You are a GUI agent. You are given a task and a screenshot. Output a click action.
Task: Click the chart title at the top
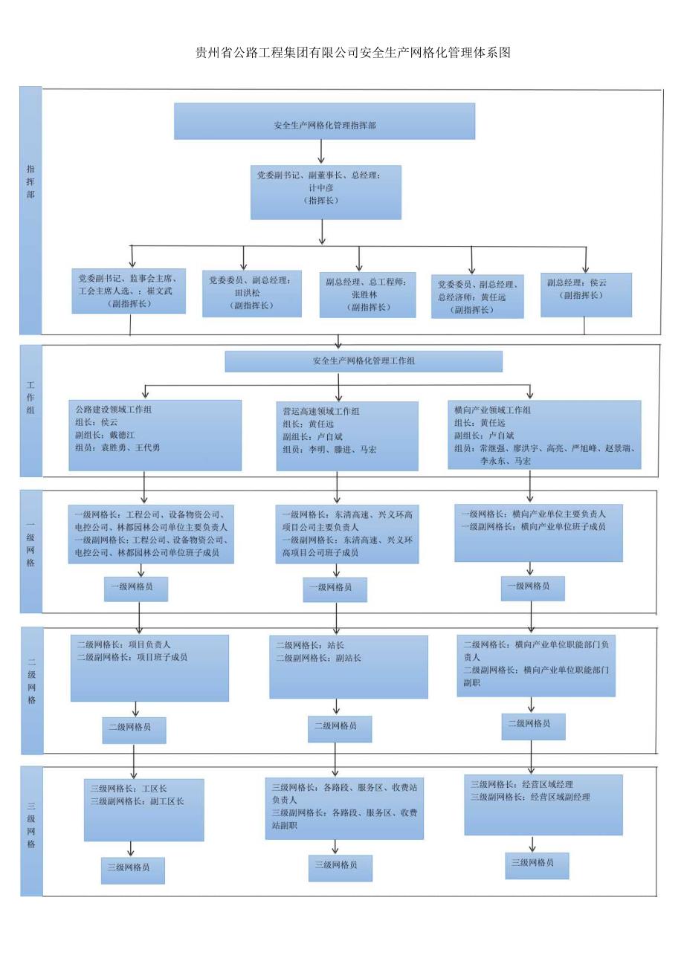coord(352,52)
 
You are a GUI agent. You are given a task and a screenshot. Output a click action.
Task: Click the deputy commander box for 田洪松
coord(252,293)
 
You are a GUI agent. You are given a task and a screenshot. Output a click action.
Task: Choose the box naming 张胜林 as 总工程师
coord(367,294)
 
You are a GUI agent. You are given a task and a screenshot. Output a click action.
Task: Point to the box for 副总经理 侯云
coord(586,294)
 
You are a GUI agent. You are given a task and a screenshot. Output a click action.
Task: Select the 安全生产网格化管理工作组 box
coord(364,361)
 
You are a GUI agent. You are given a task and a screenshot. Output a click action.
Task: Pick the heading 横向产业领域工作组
coord(492,410)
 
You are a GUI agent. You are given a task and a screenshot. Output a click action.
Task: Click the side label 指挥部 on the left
coord(30,182)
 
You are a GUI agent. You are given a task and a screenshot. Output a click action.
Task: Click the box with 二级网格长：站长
coord(348,667)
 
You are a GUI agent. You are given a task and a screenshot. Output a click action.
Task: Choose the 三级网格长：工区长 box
coord(143,809)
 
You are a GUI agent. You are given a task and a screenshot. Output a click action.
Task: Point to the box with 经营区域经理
coord(543,804)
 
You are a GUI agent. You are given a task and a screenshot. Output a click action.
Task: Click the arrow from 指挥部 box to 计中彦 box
coord(321,152)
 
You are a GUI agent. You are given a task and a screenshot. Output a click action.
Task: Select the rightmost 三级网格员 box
coord(537,864)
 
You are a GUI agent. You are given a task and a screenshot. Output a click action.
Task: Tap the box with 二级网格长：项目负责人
coord(149,667)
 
